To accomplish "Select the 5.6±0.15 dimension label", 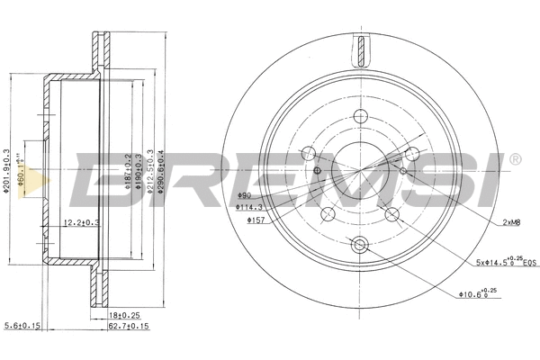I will click(22, 327).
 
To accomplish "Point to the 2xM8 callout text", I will click(510, 220).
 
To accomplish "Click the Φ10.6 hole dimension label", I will click(475, 292).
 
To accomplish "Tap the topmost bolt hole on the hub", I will click(361, 116).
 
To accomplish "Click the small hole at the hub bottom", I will click(361, 245).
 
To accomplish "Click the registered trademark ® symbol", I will click(515, 160).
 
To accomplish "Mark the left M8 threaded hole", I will click(319, 169).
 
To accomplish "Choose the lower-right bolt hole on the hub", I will click(391, 213).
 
